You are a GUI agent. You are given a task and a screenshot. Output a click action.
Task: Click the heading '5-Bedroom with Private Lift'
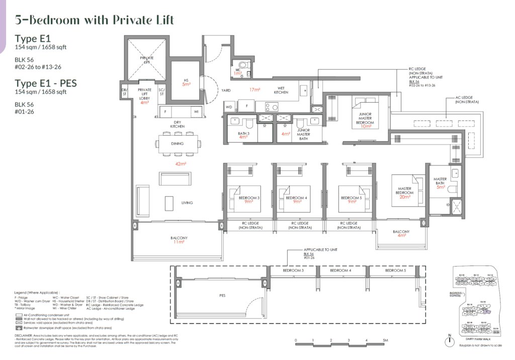[x=95, y=20]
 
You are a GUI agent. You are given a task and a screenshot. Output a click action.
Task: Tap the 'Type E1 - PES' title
[x=46, y=82]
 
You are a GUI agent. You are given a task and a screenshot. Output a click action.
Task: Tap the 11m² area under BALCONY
[x=180, y=242]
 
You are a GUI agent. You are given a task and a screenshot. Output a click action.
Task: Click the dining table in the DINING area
[x=178, y=143]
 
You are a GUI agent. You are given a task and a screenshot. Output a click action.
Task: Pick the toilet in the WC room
[x=243, y=65]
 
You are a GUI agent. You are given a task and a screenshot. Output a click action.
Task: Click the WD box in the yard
[x=228, y=107]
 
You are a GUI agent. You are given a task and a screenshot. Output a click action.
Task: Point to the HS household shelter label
[x=186, y=81]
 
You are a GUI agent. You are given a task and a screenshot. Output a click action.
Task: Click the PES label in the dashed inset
[x=222, y=296]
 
